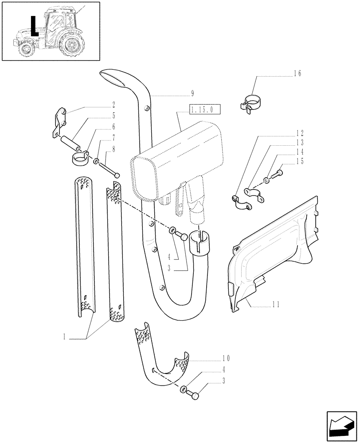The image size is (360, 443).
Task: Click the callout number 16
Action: point(297,74)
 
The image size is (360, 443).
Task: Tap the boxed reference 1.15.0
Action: point(204,110)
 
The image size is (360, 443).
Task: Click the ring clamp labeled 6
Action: point(80,157)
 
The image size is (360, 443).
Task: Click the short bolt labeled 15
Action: point(279,174)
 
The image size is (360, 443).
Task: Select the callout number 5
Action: point(113,116)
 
